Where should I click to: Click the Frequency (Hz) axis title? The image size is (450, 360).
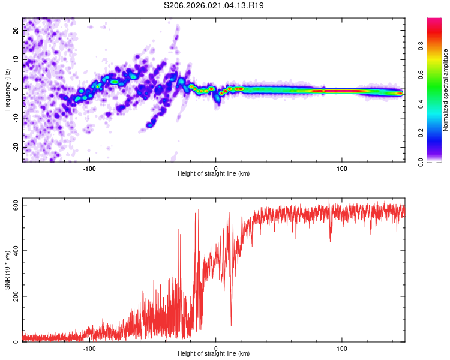7,90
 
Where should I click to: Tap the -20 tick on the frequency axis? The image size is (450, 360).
17,147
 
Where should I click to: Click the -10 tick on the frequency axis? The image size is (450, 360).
17,118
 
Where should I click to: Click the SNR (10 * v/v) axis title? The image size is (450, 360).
7,273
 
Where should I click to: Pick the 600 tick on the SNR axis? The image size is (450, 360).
13,205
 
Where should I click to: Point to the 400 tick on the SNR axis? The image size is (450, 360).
13,251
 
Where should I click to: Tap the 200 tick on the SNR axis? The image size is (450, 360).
13,296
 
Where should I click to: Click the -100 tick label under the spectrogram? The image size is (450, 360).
90,167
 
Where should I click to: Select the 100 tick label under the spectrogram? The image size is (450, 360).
342,167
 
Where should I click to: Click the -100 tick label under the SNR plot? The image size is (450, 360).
90,348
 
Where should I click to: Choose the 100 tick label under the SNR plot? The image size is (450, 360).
342,348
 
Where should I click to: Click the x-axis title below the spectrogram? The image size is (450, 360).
214,174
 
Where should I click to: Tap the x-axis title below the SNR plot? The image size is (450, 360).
214,355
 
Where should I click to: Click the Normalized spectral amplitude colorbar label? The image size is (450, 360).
446,90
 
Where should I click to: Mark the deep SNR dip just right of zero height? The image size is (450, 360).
231,324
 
